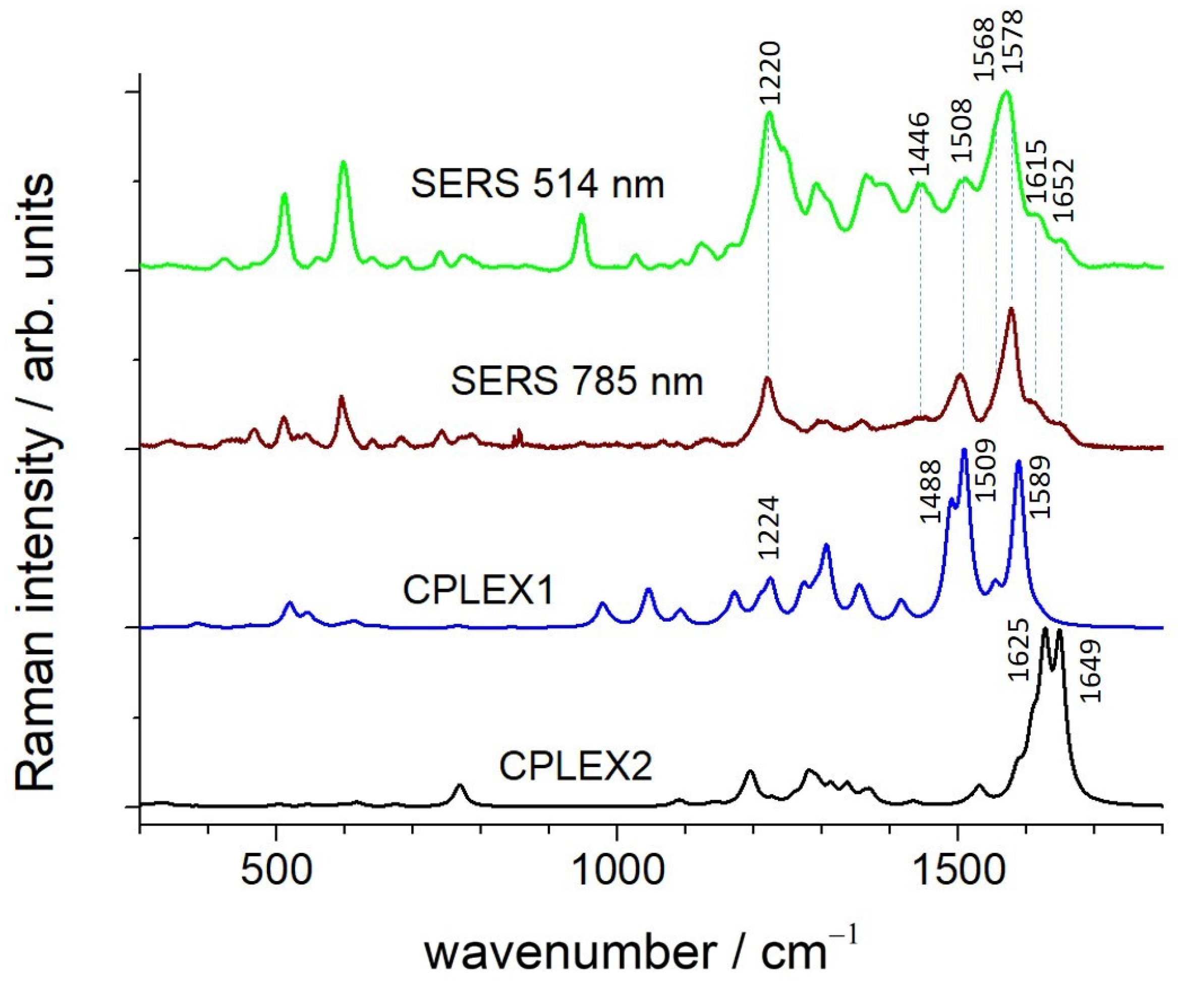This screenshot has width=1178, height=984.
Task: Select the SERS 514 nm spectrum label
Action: [x=537, y=184]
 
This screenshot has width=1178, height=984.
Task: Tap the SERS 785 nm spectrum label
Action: [x=577, y=381]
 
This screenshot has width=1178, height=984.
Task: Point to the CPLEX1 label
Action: [x=478, y=591]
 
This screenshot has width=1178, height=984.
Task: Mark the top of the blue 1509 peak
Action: [x=964, y=450]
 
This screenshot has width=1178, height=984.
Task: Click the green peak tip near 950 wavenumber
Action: [x=582, y=214]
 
